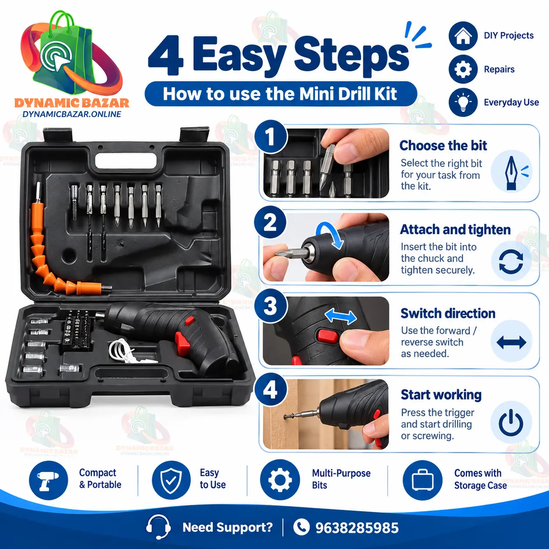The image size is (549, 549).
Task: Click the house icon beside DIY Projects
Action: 463,36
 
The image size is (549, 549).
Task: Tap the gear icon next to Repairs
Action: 463,69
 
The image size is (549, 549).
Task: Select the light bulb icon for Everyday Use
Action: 463,102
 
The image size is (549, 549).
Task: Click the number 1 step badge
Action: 271,137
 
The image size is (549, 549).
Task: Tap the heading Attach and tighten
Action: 455,230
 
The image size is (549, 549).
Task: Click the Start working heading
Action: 441,395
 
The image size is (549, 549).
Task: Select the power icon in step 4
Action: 511,422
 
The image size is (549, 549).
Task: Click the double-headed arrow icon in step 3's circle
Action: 511,342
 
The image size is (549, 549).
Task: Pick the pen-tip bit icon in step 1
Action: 512,172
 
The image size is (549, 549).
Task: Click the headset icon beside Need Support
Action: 158,527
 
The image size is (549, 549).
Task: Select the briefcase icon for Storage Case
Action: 422,480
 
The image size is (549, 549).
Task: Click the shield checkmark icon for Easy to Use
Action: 171,480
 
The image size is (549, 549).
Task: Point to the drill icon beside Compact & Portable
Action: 49,480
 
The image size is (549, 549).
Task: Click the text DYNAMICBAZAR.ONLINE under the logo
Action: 72,114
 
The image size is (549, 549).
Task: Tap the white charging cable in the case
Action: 130,352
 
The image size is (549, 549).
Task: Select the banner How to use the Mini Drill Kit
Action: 281,94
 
